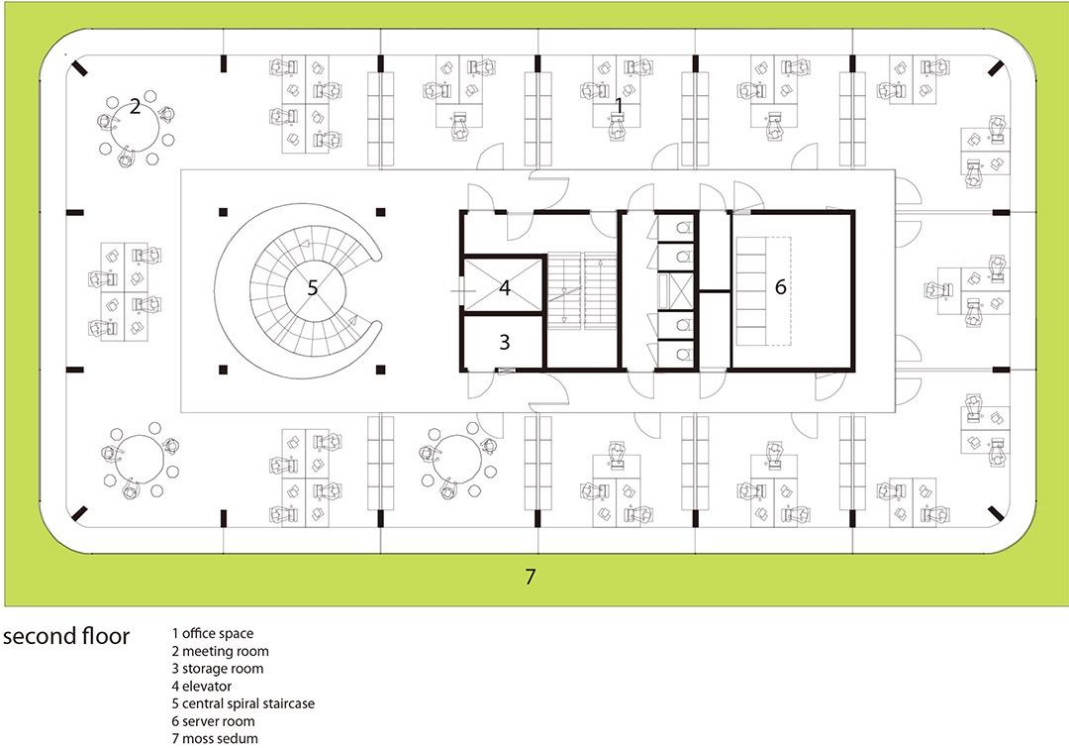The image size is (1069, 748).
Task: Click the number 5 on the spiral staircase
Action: [x=312, y=287]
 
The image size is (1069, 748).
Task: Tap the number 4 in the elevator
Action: [x=505, y=287]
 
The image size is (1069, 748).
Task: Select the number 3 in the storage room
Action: [x=505, y=341]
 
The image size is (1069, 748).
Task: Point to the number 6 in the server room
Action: [x=781, y=286]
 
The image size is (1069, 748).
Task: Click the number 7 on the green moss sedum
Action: [x=531, y=577]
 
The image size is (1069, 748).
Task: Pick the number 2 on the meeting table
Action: [x=135, y=106]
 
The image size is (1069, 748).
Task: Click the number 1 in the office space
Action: [x=619, y=105]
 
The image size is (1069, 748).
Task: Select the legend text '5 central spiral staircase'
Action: [x=243, y=703]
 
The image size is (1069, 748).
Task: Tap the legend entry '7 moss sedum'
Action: [x=215, y=738]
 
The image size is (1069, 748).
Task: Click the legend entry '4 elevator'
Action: [x=202, y=686]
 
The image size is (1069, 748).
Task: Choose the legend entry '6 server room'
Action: [x=214, y=720]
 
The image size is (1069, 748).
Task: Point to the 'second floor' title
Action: [x=66, y=636]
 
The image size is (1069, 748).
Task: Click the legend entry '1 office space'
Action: [x=213, y=633]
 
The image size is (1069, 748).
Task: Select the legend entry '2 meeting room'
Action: [x=220, y=651]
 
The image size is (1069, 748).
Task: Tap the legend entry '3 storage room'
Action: [x=218, y=668]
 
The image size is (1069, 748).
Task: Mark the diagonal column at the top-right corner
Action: [x=996, y=67]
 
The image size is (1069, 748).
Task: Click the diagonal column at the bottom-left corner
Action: [x=79, y=513]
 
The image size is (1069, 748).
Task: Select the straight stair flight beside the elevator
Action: [x=582, y=290]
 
